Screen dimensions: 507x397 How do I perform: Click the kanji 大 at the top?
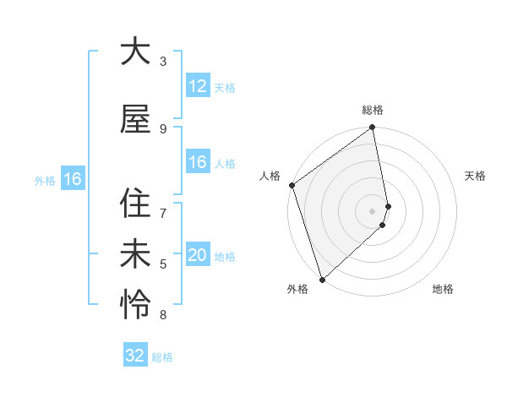point(134,52)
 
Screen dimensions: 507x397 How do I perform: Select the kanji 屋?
point(134,119)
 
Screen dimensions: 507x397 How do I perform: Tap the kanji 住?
point(134,204)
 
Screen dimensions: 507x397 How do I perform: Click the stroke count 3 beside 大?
point(163,62)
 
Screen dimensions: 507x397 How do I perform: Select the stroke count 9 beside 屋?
point(163,129)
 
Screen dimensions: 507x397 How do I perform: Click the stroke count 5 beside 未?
point(163,264)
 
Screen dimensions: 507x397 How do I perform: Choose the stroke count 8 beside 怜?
point(163,315)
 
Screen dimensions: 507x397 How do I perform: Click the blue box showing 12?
point(197,87)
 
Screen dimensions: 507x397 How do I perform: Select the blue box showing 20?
point(197,255)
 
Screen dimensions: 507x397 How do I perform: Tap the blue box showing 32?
point(135,356)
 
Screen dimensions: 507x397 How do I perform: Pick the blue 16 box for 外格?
point(72,179)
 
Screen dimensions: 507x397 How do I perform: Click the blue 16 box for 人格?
point(197,162)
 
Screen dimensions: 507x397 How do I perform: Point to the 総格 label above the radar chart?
point(373,110)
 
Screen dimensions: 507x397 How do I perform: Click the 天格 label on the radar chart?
point(476,176)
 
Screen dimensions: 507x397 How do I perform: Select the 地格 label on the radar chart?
point(443,290)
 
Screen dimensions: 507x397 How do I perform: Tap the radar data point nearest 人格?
point(292,185)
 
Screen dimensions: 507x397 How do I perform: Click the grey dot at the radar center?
point(373,210)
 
